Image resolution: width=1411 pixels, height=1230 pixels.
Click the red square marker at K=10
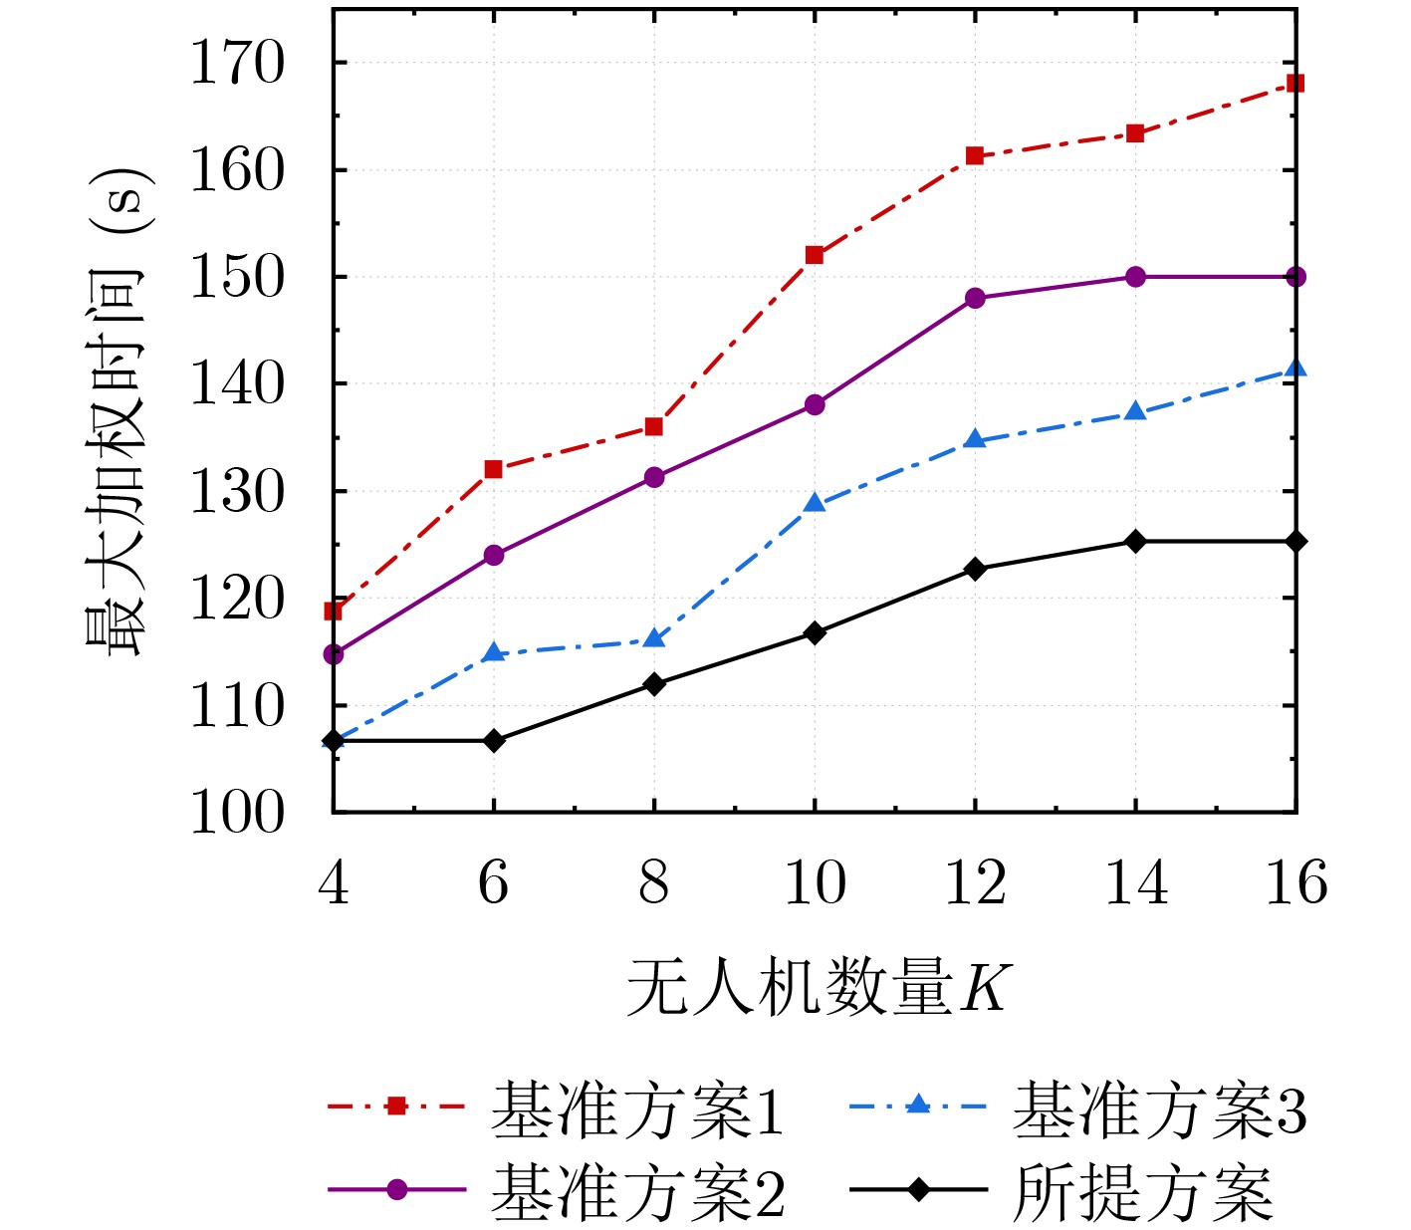coord(815,255)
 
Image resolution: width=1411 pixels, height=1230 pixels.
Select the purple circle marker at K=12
coord(975,298)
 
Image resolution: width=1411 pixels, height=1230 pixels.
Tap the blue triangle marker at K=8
coord(654,638)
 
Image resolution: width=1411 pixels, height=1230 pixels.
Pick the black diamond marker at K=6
coord(494,740)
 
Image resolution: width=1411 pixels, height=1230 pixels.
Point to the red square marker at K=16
coord(1295,83)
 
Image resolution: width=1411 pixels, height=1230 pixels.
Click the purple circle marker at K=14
coord(1135,277)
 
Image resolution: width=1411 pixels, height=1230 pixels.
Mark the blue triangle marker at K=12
coord(975,439)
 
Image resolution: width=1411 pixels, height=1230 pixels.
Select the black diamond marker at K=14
coord(1135,541)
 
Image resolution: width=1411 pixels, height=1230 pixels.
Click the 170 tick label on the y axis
coord(237,64)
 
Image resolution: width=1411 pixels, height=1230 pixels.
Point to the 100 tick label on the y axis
coord(237,813)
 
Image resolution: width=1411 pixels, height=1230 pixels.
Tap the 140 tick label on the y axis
coord(237,384)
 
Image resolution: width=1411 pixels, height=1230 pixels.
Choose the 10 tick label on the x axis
coord(815,882)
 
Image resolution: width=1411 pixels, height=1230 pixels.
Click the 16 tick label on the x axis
coord(1295,882)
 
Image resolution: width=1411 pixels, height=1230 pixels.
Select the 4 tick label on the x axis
coord(334,882)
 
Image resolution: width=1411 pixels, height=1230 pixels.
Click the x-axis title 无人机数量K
coord(817,988)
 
